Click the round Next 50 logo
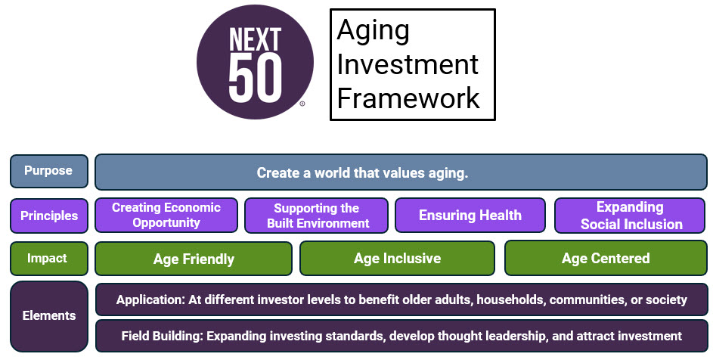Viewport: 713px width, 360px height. pos(255,62)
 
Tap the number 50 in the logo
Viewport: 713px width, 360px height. pos(255,79)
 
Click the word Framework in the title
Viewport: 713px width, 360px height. pos(408,98)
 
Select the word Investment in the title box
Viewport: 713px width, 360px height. pos(408,64)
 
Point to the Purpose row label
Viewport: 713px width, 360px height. pos(49,171)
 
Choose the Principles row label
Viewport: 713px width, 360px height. pos(49,216)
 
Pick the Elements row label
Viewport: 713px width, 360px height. pos(49,316)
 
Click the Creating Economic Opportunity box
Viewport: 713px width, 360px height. pos(166,216)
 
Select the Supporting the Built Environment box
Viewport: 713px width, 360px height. pos(317,216)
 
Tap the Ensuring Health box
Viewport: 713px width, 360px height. pos(470,216)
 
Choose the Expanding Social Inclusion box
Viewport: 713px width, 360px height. pos(630,216)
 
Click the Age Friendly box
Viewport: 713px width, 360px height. pos(194,259)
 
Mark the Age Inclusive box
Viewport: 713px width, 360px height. pos(397,259)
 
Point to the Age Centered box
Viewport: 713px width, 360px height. pos(606,259)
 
